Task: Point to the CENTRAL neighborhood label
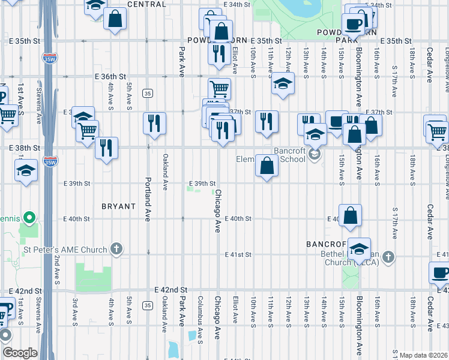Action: click(146, 4)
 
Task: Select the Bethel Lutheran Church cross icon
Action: click(388, 257)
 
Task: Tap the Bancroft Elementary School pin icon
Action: click(313, 155)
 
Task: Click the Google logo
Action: click(20, 353)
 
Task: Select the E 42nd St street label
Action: click(172, 289)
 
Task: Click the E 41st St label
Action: click(237, 254)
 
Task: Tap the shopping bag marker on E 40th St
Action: click(350, 215)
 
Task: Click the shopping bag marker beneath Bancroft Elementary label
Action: click(266, 164)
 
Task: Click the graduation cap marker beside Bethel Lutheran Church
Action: click(359, 248)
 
